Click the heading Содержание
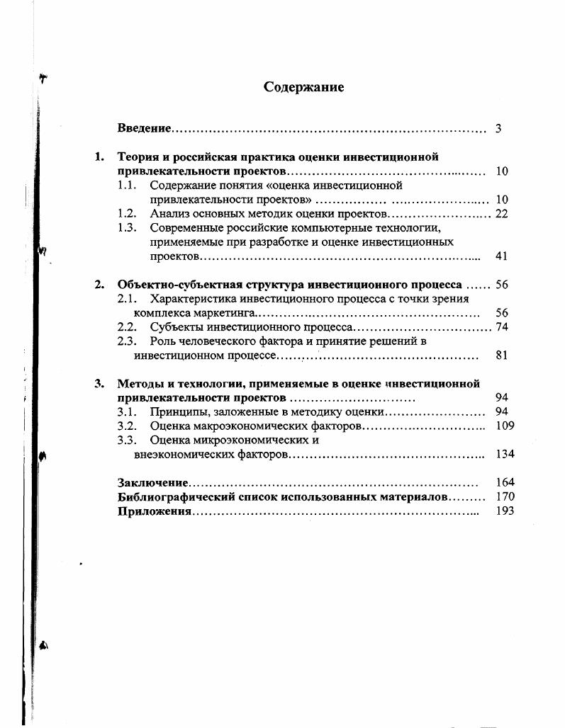[x=303, y=87]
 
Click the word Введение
[x=144, y=128]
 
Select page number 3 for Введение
[x=498, y=128]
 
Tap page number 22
[x=501, y=213]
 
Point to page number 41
[x=501, y=256]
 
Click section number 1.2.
[x=126, y=213]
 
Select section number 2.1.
[x=126, y=299]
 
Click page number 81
[x=501, y=355]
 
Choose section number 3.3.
[x=126, y=440]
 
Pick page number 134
[x=505, y=454]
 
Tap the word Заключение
[x=153, y=482]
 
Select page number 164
[x=505, y=482]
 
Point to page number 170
[x=505, y=496]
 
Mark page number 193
[x=505, y=511]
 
